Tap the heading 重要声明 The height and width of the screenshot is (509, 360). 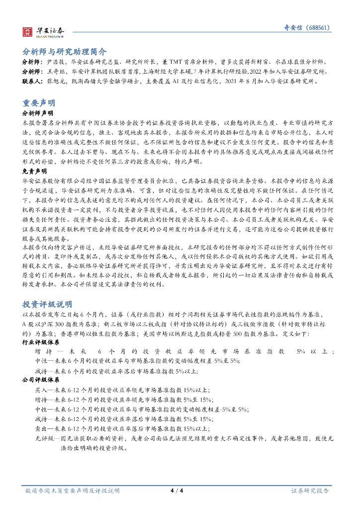(38, 103)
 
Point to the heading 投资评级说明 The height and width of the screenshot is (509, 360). (47, 304)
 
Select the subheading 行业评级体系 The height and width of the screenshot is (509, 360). (38, 342)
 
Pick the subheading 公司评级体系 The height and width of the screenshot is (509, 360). (38, 380)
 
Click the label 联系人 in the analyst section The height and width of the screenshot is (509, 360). (32, 81)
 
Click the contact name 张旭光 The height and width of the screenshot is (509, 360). (55, 81)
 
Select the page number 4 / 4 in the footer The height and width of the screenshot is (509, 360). (177, 491)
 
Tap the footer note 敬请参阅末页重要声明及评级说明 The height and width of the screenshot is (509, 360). (73, 491)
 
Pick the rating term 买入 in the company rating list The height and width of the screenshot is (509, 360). (41, 390)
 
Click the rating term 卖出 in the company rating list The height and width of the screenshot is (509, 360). (41, 428)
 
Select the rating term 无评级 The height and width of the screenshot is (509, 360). (43, 438)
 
